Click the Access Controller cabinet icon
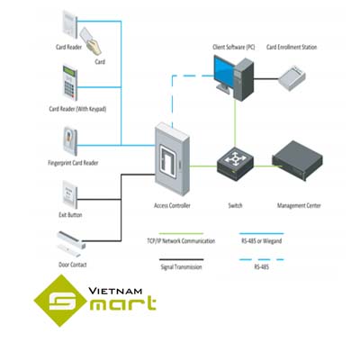pyautogui.click(x=173, y=160)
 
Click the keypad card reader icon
pyautogui.click(x=73, y=85)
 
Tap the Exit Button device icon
pyautogui.click(x=72, y=193)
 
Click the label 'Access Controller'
pyautogui.click(x=172, y=205)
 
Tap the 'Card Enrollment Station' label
pyautogui.click(x=295, y=47)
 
